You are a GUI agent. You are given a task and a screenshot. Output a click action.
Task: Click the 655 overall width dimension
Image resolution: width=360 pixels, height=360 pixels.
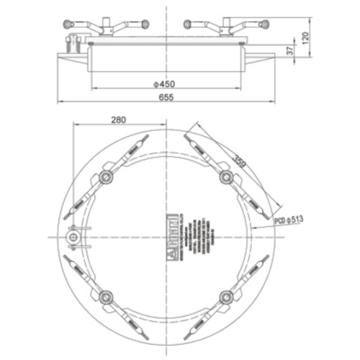click(x=166, y=101)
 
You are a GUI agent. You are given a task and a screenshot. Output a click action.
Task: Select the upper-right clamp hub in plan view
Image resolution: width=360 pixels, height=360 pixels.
click(x=225, y=176)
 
